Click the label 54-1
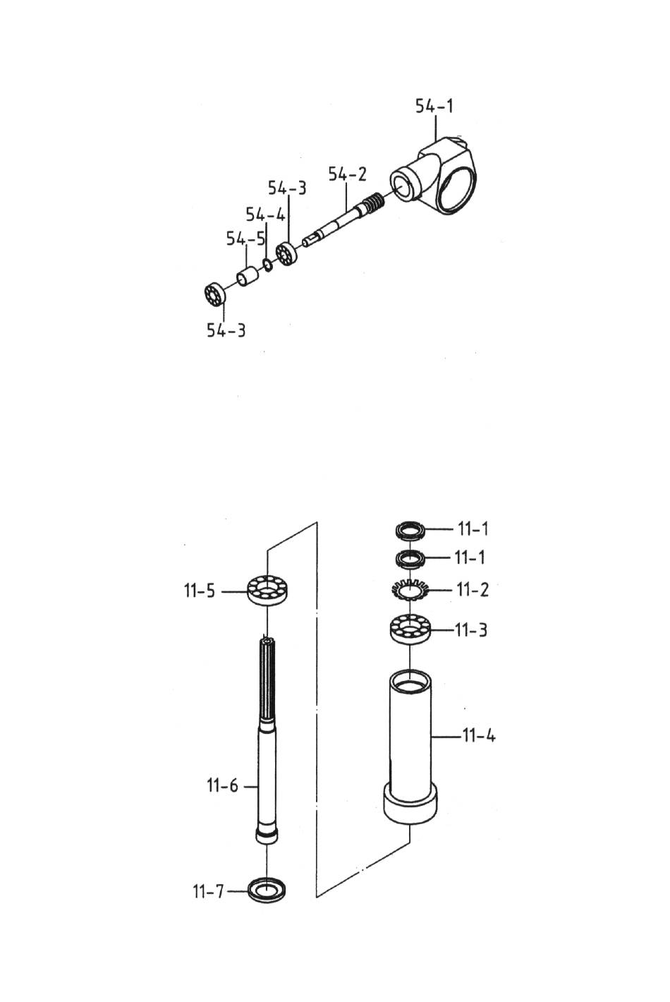tap(434, 107)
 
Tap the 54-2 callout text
tap(347, 174)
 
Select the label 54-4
tap(265, 215)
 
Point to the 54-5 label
tap(246, 239)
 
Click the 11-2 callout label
tap(473, 590)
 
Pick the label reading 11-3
tap(470, 631)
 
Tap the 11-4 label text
tap(479, 735)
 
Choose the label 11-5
tap(200, 591)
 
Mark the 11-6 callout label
tap(223, 785)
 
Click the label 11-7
tap(208, 891)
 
